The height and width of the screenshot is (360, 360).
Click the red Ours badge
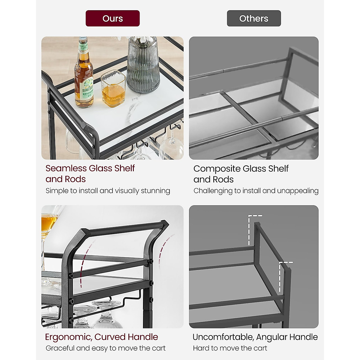pos(112,18)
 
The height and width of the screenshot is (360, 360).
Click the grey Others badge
pos(254,18)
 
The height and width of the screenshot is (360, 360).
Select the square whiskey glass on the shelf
pos(113,88)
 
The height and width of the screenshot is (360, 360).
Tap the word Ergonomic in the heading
pos(68,337)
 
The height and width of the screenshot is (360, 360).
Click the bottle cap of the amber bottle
pos(82,39)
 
